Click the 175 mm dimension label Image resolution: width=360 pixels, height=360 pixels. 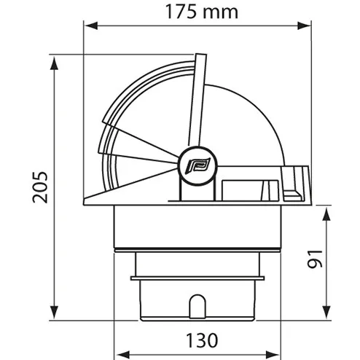(201, 12)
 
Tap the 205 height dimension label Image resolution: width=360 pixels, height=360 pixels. (40, 187)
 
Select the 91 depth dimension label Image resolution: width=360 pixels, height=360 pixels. (315, 259)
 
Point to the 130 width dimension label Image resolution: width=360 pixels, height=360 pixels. (202, 340)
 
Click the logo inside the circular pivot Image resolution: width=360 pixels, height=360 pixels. (197, 166)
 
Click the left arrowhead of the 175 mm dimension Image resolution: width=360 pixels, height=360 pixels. (91, 26)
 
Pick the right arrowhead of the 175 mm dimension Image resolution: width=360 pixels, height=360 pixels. (304, 26)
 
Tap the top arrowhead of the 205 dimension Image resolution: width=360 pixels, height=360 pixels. (54, 63)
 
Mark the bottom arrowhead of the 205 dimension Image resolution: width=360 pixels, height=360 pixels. (54, 312)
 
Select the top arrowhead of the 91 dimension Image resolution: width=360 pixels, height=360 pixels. (326, 214)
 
